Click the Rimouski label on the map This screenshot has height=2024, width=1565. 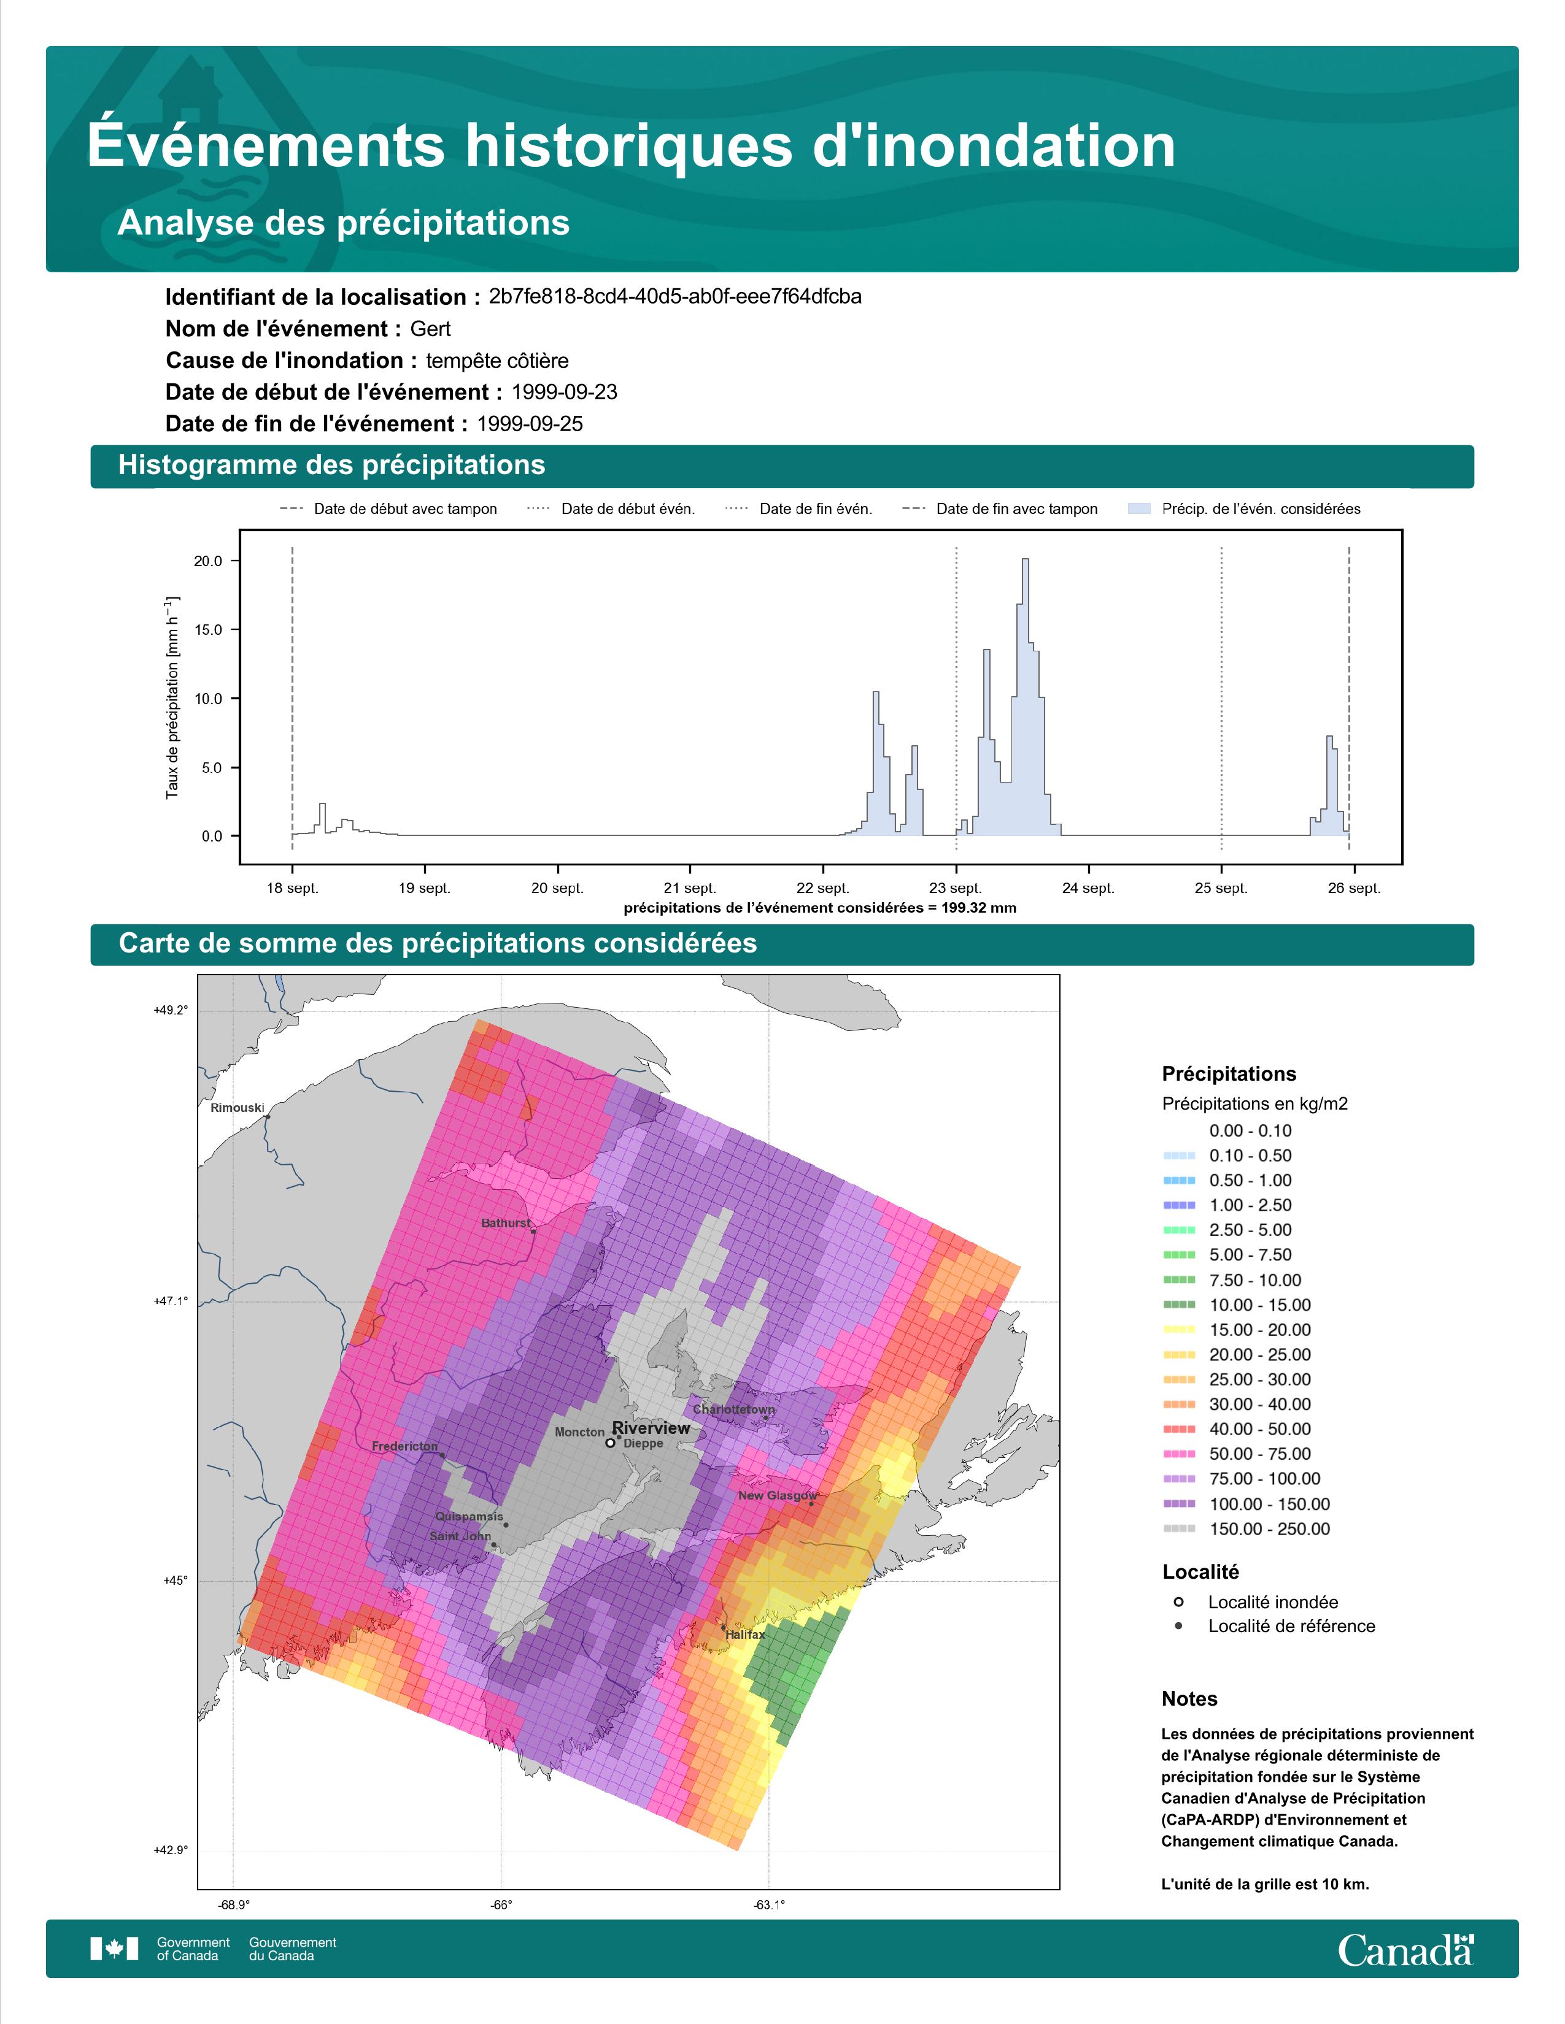238,1108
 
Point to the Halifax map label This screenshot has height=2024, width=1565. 746,1635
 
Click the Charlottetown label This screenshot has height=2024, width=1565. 733,1409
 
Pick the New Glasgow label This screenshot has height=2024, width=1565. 777,1496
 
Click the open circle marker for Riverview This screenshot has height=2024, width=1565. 610,1443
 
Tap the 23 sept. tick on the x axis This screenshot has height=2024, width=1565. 956,888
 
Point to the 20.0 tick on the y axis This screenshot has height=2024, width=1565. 209,561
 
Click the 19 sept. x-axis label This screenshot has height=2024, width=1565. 425,888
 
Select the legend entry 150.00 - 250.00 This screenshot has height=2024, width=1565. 1269,1529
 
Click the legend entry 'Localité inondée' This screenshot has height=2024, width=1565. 1273,1602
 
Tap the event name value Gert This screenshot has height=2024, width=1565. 430,329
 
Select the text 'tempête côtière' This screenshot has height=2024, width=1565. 497,361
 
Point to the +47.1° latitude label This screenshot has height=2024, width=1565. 171,1301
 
